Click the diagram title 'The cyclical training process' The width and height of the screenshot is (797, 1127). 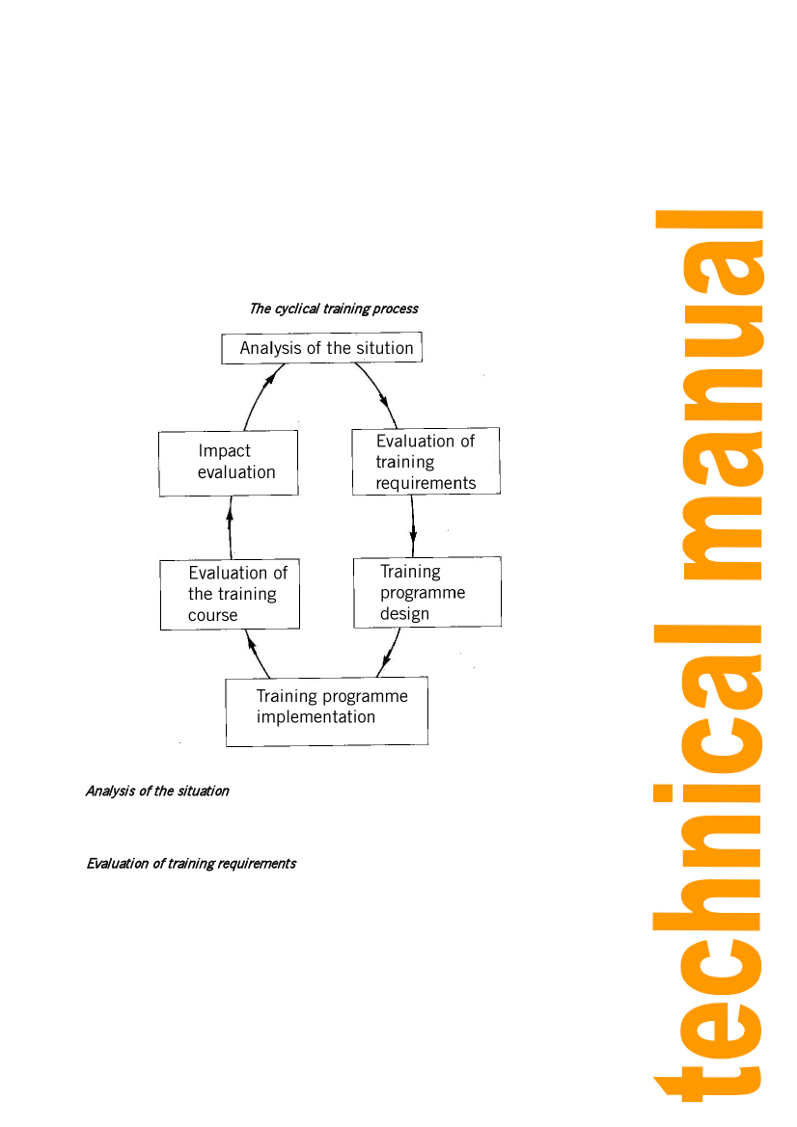pos(334,309)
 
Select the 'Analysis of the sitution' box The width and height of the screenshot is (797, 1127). pos(322,348)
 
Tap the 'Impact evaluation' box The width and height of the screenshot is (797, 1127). pos(229,463)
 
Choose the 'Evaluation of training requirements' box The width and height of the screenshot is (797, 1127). pos(426,462)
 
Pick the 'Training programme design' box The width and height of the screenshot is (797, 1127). pos(427,592)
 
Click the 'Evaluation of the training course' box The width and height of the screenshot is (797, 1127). pos(230,595)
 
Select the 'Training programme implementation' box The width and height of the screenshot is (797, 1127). pos(326,711)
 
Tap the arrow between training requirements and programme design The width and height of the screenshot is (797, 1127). pos(413,526)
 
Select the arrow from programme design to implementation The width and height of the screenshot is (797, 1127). pos(389,656)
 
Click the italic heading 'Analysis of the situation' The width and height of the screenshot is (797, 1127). pos(157,792)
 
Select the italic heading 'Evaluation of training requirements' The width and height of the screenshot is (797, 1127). pos(191,864)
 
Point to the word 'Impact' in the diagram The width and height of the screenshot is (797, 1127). pos(224,451)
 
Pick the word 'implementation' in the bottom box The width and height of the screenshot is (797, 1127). pos(316,717)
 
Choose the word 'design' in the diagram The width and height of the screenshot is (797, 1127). pos(404,614)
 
